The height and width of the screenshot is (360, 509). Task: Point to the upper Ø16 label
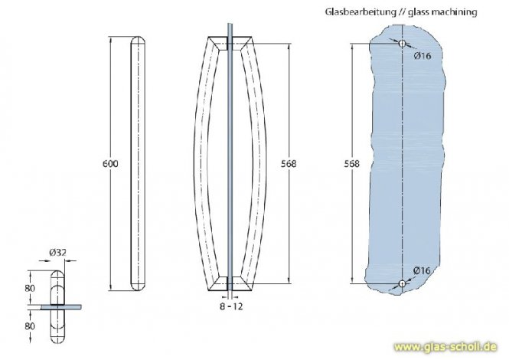(423, 55)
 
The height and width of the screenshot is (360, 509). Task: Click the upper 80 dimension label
(31, 288)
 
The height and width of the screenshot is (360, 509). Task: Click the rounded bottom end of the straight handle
(139, 286)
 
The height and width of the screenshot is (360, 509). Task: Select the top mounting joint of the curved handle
(229, 47)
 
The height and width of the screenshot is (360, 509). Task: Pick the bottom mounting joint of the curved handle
(229, 281)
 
